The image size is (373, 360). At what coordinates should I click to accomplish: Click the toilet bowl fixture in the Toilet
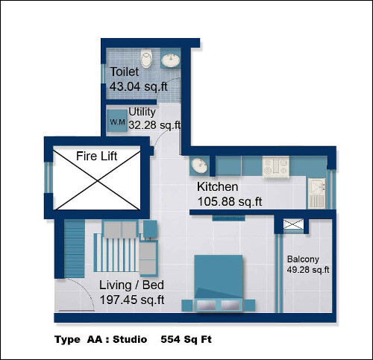(146, 58)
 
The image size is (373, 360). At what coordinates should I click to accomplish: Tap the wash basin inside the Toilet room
(171, 60)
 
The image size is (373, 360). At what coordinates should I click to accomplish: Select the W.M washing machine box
(117, 121)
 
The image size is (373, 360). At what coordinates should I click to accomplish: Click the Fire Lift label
(96, 157)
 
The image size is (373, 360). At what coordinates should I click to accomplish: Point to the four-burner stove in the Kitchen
(276, 167)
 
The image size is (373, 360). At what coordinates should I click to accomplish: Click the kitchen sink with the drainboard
(316, 193)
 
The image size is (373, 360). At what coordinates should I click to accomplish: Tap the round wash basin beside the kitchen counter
(199, 165)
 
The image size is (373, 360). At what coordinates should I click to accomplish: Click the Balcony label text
(303, 259)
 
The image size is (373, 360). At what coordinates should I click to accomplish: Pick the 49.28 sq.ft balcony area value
(308, 270)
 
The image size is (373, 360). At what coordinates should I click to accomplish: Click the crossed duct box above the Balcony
(293, 224)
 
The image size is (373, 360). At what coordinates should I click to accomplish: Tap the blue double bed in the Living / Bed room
(219, 283)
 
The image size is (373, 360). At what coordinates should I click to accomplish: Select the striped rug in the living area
(116, 253)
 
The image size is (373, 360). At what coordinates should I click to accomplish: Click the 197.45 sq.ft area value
(132, 300)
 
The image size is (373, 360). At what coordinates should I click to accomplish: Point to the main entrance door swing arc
(84, 289)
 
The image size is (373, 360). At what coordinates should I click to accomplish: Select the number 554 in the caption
(171, 339)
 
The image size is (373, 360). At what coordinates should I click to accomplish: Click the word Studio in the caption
(130, 339)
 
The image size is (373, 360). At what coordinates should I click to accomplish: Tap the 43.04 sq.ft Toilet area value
(139, 87)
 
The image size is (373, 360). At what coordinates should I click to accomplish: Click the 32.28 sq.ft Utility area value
(154, 125)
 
